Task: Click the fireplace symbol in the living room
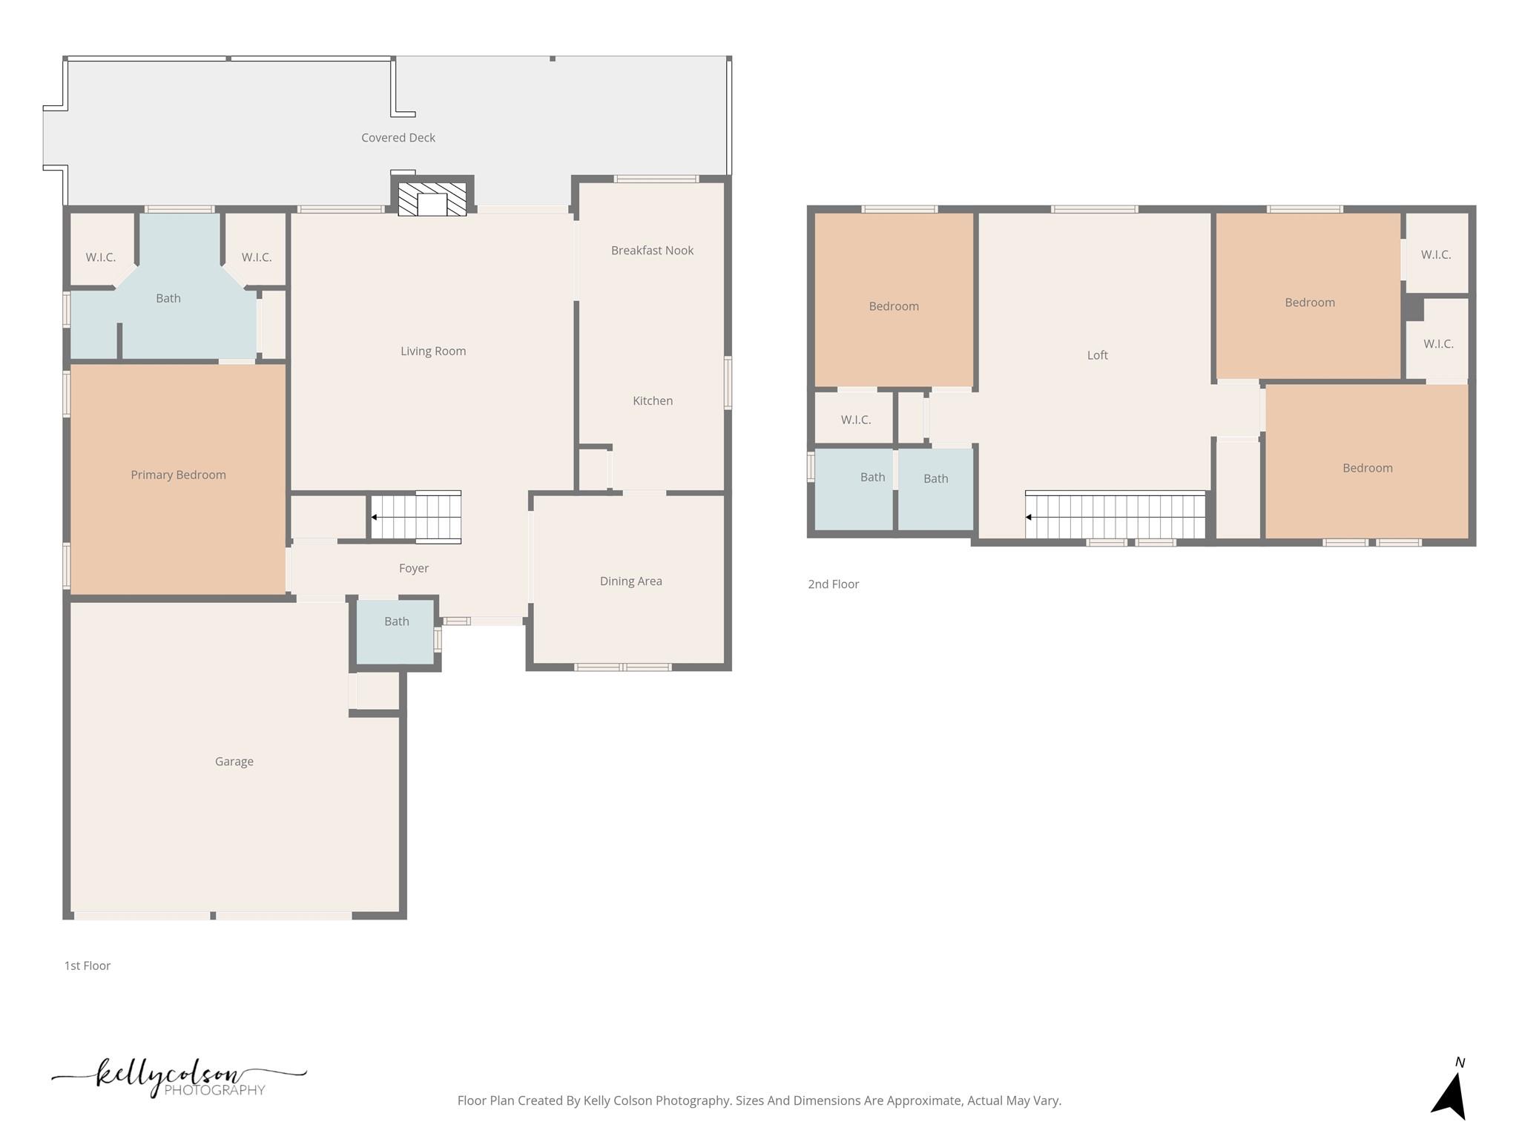(x=432, y=199)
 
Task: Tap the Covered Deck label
(x=398, y=138)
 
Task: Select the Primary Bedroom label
(x=178, y=475)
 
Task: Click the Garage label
(x=234, y=762)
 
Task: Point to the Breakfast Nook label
(x=652, y=251)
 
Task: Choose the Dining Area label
(x=630, y=581)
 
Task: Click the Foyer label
(x=413, y=568)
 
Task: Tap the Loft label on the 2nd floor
(x=1097, y=355)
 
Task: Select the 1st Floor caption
(x=88, y=965)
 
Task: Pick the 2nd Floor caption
(x=833, y=584)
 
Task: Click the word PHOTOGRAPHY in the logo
(x=214, y=1090)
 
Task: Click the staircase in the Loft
(x=1115, y=516)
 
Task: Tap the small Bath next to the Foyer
(x=396, y=622)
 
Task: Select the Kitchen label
(x=653, y=401)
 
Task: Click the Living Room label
(x=433, y=351)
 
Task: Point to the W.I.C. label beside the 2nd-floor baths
(x=855, y=420)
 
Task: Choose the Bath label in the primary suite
(x=168, y=298)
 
